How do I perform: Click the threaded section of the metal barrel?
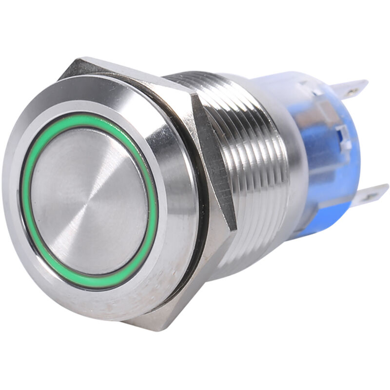coord(249,161)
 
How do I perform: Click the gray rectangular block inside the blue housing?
coord(312,122)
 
